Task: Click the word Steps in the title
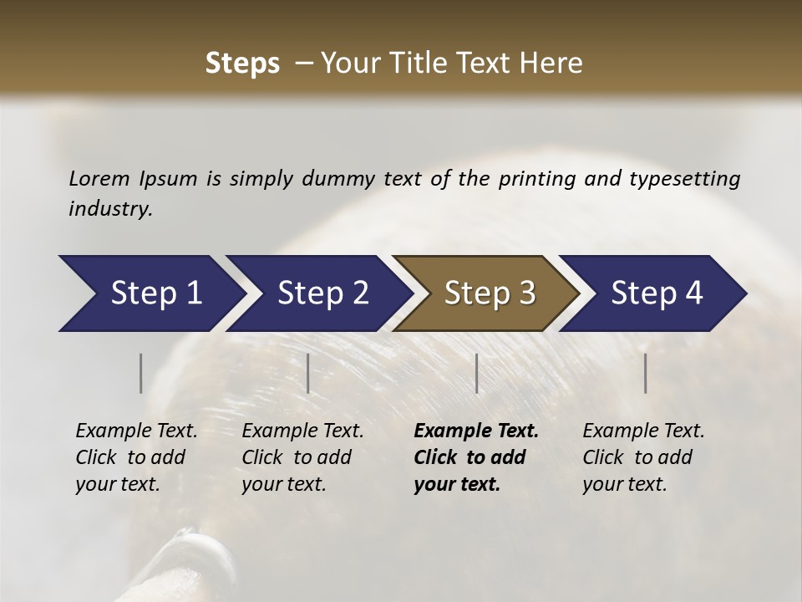[x=242, y=64]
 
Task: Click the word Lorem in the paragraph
[x=99, y=178]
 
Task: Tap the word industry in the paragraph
[x=110, y=209]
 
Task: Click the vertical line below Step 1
[x=141, y=373]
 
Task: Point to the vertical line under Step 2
[x=308, y=373]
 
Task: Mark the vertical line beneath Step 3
[x=476, y=373]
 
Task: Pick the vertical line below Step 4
[x=645, y=373]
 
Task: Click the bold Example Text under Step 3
[x=476, y=431]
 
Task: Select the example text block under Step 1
[x=136, y=457]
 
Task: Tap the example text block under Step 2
[x=302, y=457]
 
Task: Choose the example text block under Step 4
[x=643, y=457]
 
